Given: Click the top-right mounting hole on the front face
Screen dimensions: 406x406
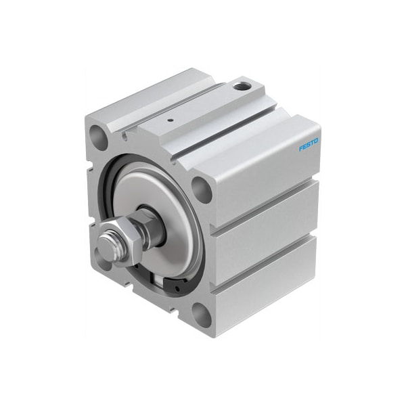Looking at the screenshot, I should (201, 189).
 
